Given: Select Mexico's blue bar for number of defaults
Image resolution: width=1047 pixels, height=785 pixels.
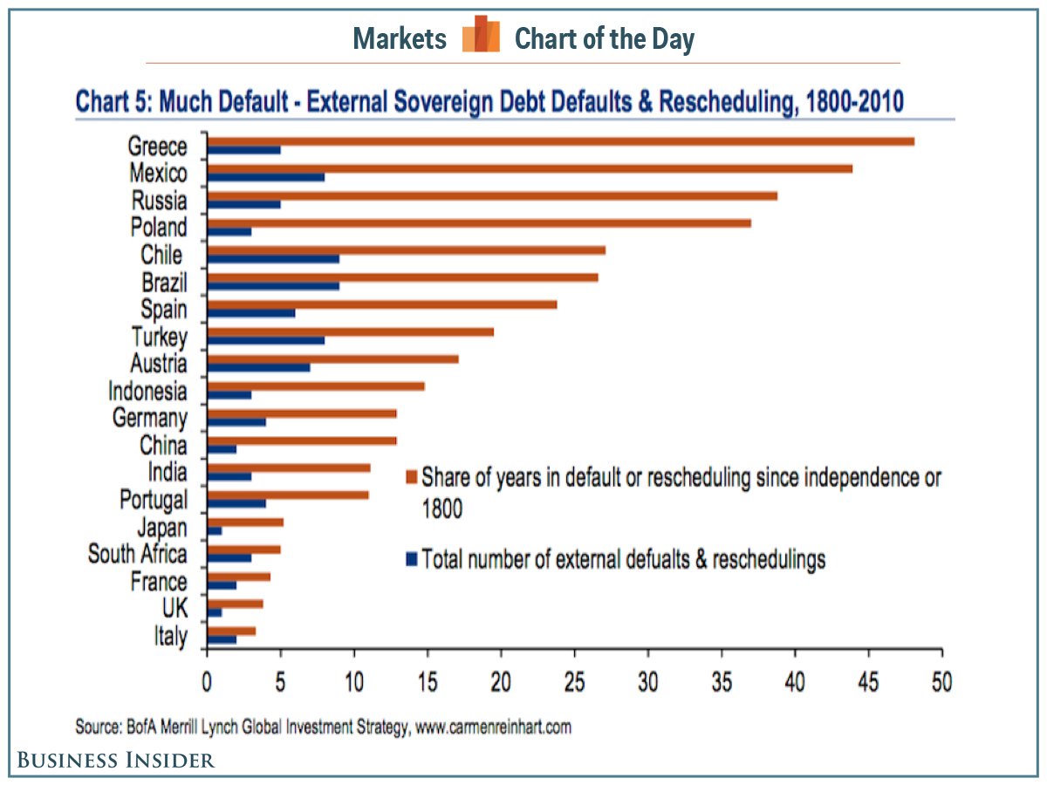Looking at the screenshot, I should point(266,177).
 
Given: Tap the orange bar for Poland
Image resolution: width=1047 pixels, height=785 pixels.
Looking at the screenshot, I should point(479,223).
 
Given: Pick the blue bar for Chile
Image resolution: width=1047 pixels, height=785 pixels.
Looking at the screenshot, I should point(273,259).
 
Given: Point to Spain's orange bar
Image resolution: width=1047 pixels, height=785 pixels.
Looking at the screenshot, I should point(382,304).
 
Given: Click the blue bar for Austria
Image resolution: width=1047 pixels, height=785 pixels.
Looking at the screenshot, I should point(258,368).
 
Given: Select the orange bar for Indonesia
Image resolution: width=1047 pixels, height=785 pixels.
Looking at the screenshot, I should point(316,386).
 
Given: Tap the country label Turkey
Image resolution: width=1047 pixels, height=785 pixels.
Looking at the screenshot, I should point(159,337).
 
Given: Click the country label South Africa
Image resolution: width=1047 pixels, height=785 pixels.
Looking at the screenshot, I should point(137,554).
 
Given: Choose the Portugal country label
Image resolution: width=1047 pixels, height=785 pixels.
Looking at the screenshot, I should point(153,500).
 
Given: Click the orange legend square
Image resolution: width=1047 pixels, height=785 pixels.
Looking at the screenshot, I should point(412,478).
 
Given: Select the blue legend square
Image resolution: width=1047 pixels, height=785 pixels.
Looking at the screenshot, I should point(412,559).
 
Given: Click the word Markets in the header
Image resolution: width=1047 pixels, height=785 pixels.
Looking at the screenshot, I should point(400,38).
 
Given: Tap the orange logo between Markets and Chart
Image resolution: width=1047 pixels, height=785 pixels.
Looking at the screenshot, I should point(481,35).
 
